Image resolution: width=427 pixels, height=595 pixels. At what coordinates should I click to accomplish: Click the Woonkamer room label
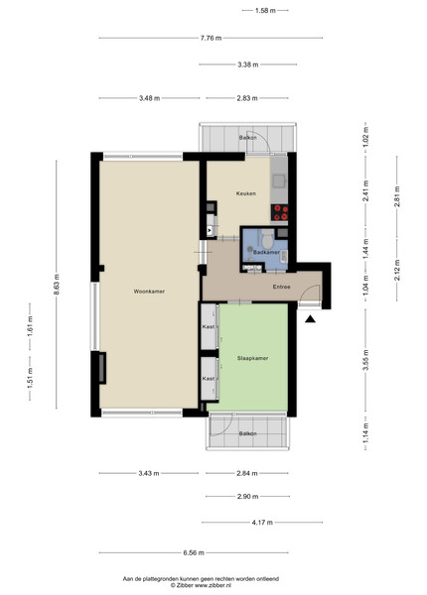tap(149, 292)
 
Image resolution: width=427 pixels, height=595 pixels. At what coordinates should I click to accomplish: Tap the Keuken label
tap(246, 193)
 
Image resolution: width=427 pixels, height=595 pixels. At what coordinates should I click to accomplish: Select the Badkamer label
tap(266, 252)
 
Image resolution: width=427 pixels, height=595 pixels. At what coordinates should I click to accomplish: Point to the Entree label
tap(281, 287)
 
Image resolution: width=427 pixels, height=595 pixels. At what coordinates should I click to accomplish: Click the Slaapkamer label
tap(252, 358)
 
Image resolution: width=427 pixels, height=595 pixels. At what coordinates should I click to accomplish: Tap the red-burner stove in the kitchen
tap(280, 212)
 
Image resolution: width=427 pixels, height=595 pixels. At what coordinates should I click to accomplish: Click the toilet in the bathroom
tap(267, 238)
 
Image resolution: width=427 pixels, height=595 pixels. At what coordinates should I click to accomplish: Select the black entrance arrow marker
tap(311, 319)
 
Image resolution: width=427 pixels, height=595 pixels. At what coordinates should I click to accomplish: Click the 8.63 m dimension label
tap(57, 285)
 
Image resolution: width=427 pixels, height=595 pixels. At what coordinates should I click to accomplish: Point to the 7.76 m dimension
tap(211, 38)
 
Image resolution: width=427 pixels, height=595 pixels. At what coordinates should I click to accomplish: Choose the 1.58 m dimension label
tap(265, 11)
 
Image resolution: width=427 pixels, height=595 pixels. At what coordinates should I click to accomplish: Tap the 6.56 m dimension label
tap(194, 552)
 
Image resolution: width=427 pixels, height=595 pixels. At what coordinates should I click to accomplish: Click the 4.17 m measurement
tap(262, 523)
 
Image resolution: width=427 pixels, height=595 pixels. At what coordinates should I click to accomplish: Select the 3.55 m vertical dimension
tap(365, 360)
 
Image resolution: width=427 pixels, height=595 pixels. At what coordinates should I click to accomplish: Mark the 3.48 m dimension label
tap(149, 98)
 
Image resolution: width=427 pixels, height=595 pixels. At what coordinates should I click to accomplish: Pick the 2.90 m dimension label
tap(247, 497)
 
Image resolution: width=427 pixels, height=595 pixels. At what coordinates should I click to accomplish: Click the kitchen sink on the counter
tap(279, 180)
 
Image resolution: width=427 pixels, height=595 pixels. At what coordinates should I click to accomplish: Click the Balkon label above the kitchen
tap(247, 138)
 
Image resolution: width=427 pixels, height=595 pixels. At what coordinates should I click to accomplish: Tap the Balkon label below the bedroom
tap(247, 433)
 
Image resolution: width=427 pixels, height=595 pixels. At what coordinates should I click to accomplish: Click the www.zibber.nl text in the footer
tap(212, 585)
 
